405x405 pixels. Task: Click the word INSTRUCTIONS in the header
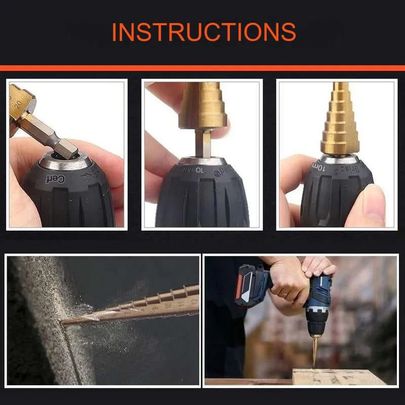point(204,31)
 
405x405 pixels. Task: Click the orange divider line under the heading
point(202,68)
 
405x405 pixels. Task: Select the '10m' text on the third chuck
point(320,165)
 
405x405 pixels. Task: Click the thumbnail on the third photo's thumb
point(374,202)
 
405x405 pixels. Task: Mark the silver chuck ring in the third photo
point(340,158)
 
